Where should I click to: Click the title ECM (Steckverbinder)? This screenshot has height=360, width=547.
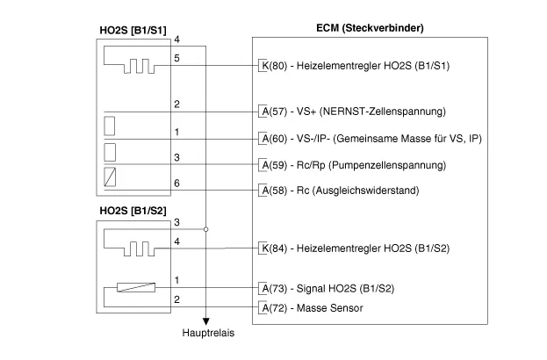(x=370, y=27)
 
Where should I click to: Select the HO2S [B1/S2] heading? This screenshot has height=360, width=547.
(x=133, y=211)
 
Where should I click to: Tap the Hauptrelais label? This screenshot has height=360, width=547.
(x=206, y=334)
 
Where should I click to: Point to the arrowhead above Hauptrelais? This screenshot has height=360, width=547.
(x=206, y=321)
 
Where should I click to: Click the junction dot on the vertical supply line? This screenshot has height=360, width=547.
(x=206, y=228)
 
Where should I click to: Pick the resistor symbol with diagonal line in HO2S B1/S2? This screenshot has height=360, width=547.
(x=130, y=287)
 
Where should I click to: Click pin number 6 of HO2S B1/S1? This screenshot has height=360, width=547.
(x=177, y=182)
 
